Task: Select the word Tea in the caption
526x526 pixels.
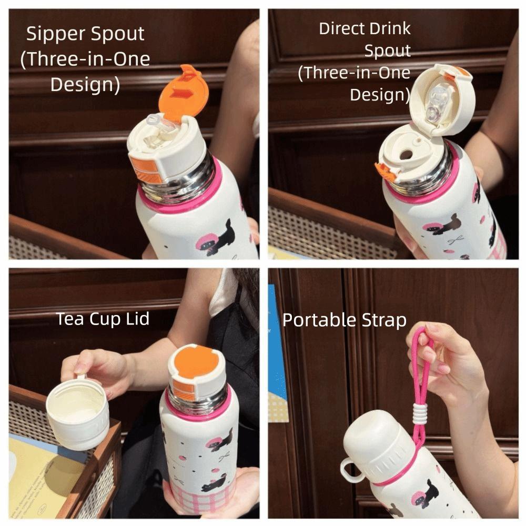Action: click(69, 319)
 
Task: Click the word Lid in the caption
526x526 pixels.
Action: click(137, 319)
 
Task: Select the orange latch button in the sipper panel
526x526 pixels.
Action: click(147, 169)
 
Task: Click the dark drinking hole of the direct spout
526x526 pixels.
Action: click(406, 155)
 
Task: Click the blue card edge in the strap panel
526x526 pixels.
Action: click(277, 342)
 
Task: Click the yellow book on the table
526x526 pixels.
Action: click(44, 477)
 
